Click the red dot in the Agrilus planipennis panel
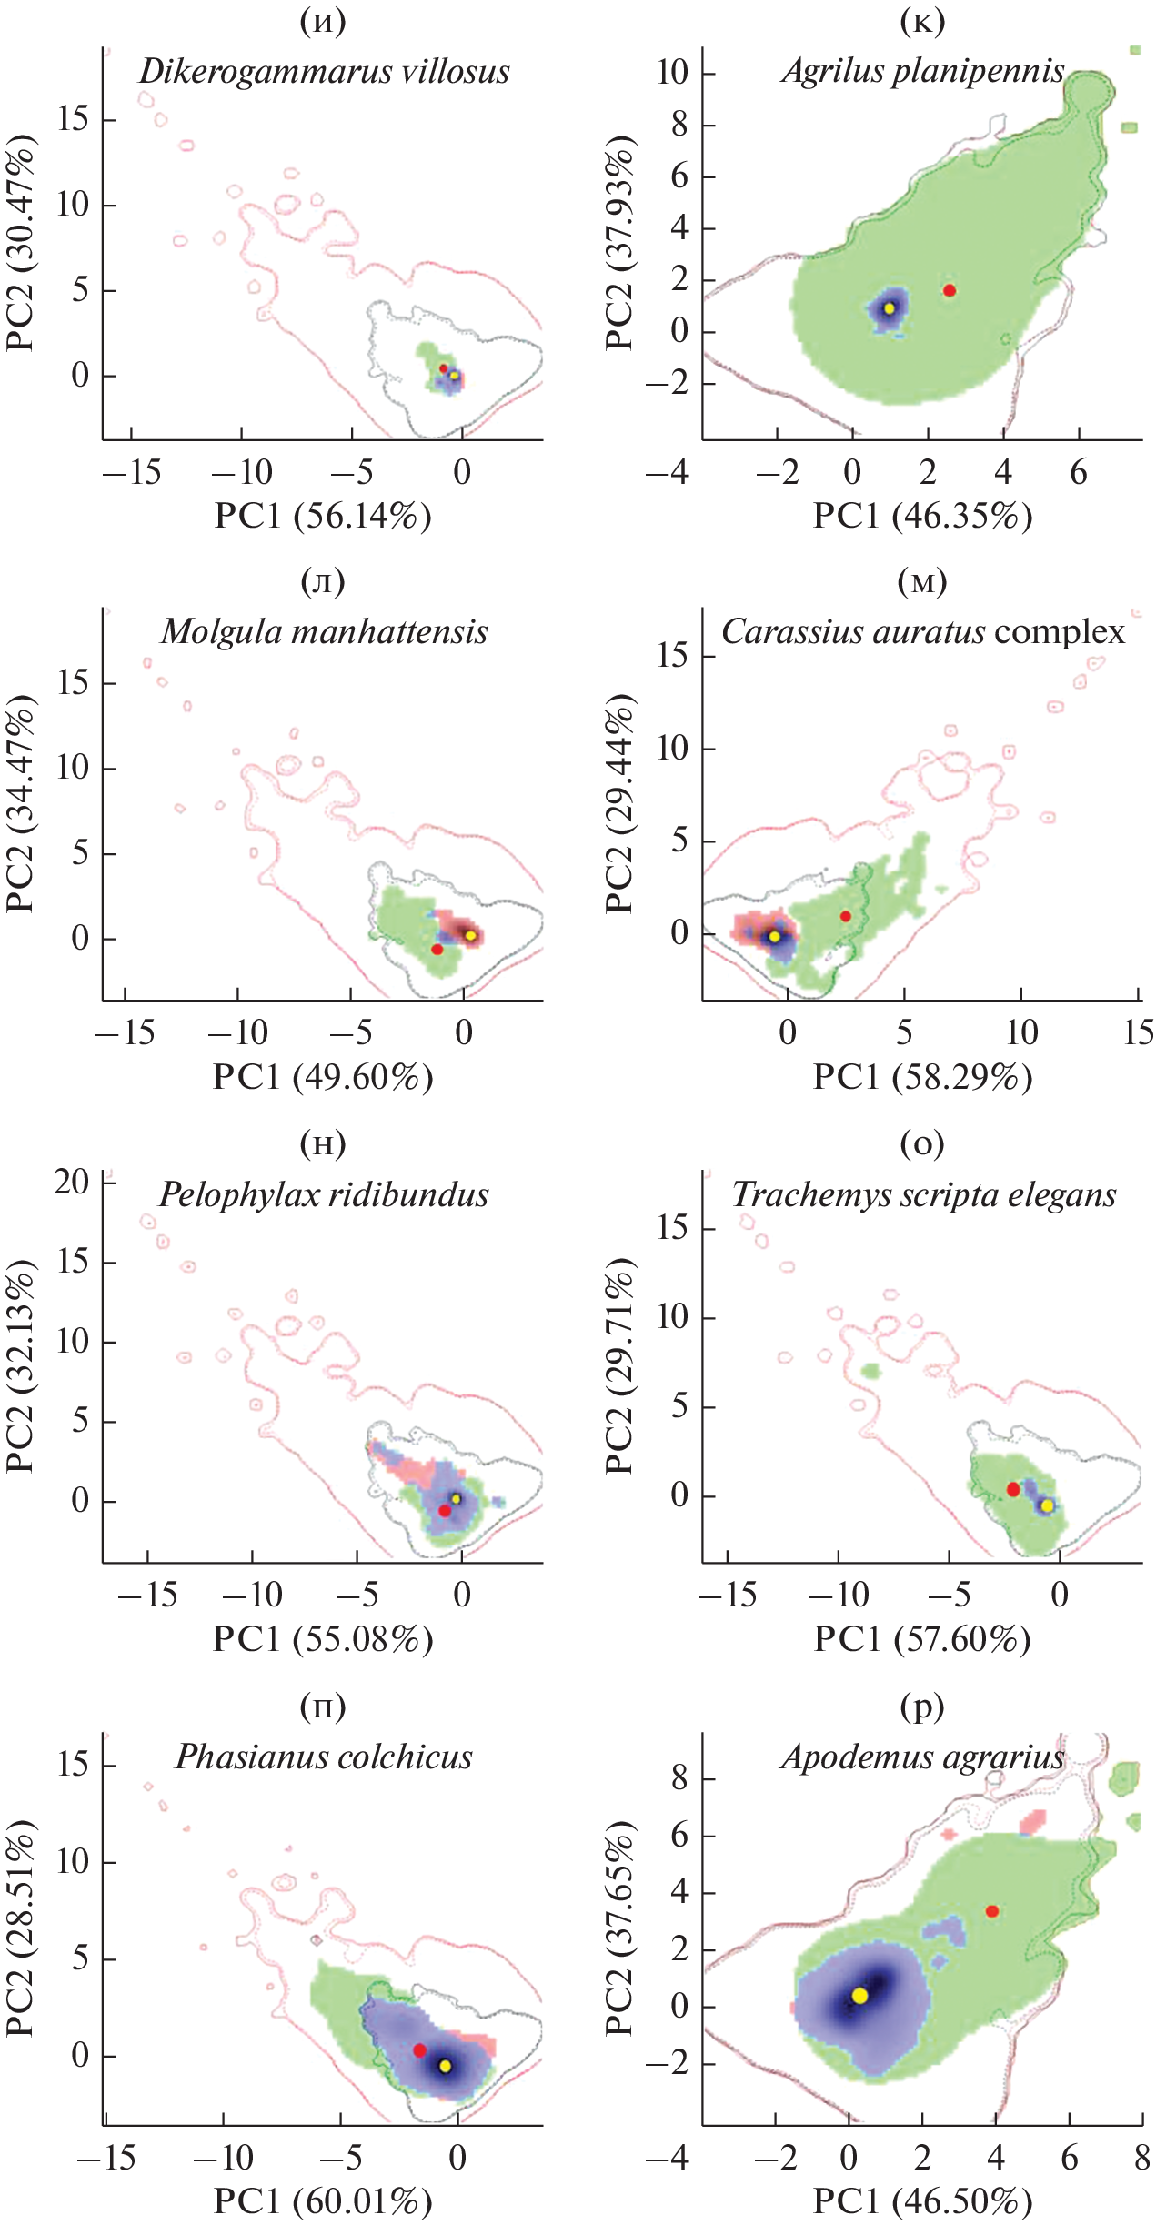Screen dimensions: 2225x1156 pos(949,291)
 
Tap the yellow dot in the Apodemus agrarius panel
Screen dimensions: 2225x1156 pos(859,1995)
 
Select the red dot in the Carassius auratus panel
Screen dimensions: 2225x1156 pos(846,916)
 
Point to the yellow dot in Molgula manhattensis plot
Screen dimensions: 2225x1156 pos(470,935)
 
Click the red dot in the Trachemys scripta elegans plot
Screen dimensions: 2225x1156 pos(1013,1489)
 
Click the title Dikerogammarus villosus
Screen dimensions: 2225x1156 pos(324,73)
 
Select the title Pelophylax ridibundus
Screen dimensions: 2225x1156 pos(324,1195)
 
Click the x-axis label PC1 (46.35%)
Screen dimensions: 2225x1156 pos(922,517)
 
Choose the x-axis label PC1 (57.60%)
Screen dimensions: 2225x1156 pos(922,1639)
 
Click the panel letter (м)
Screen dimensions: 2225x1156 pos(922,580)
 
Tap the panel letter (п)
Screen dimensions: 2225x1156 pos(324,1707)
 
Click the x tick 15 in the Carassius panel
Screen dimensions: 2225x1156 pos(1138,1033)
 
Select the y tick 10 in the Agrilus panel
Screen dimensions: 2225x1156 pos(674,73)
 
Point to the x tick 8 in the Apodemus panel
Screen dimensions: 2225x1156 pos(1141,2156)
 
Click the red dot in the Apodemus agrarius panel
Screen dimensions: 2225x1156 pos(992,1911)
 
